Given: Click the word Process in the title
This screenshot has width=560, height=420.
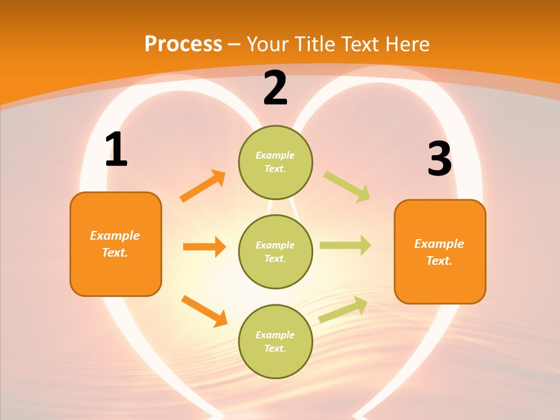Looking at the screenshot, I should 183,44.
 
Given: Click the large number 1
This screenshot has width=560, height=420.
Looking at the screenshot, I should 116,150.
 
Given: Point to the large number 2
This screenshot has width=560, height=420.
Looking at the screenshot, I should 275,88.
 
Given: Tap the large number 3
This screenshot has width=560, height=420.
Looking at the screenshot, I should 439,159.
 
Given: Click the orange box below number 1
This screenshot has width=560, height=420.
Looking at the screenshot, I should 116,244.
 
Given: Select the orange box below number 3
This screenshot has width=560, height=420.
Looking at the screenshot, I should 440,251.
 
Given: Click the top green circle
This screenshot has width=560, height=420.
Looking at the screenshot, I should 275,162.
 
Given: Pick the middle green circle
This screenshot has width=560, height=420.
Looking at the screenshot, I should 275,251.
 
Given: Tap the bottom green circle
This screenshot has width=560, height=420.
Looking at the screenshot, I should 275,341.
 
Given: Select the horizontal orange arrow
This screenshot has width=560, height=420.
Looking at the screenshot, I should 204,247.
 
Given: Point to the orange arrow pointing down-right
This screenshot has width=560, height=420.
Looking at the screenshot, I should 204,311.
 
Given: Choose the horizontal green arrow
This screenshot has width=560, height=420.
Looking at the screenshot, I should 345,246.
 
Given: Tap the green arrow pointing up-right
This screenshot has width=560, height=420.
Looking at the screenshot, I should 343,310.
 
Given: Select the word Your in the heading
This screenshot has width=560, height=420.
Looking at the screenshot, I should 267,44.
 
